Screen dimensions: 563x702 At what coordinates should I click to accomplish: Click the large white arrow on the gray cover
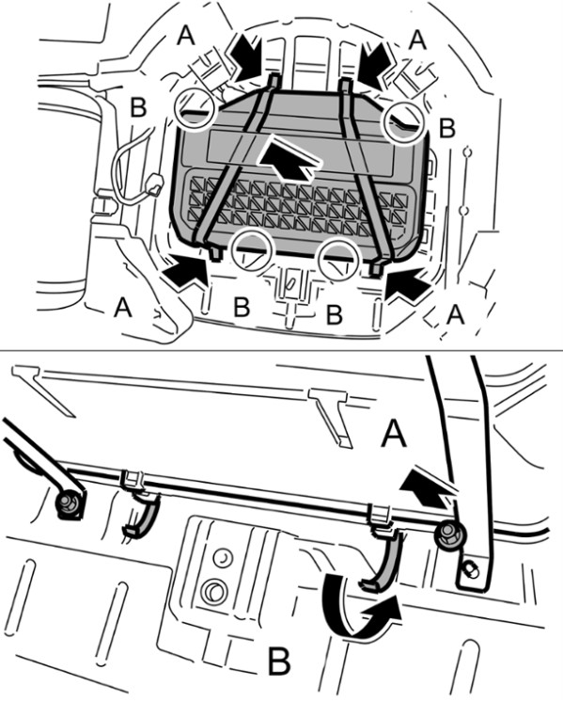289,158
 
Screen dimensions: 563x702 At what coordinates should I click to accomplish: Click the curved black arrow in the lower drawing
358,616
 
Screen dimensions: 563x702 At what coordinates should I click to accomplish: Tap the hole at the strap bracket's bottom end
471,570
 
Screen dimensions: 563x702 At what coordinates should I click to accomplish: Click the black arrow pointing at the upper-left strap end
246,58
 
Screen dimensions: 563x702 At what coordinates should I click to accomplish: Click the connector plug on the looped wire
154,184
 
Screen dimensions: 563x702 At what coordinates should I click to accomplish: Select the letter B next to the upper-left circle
138,107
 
